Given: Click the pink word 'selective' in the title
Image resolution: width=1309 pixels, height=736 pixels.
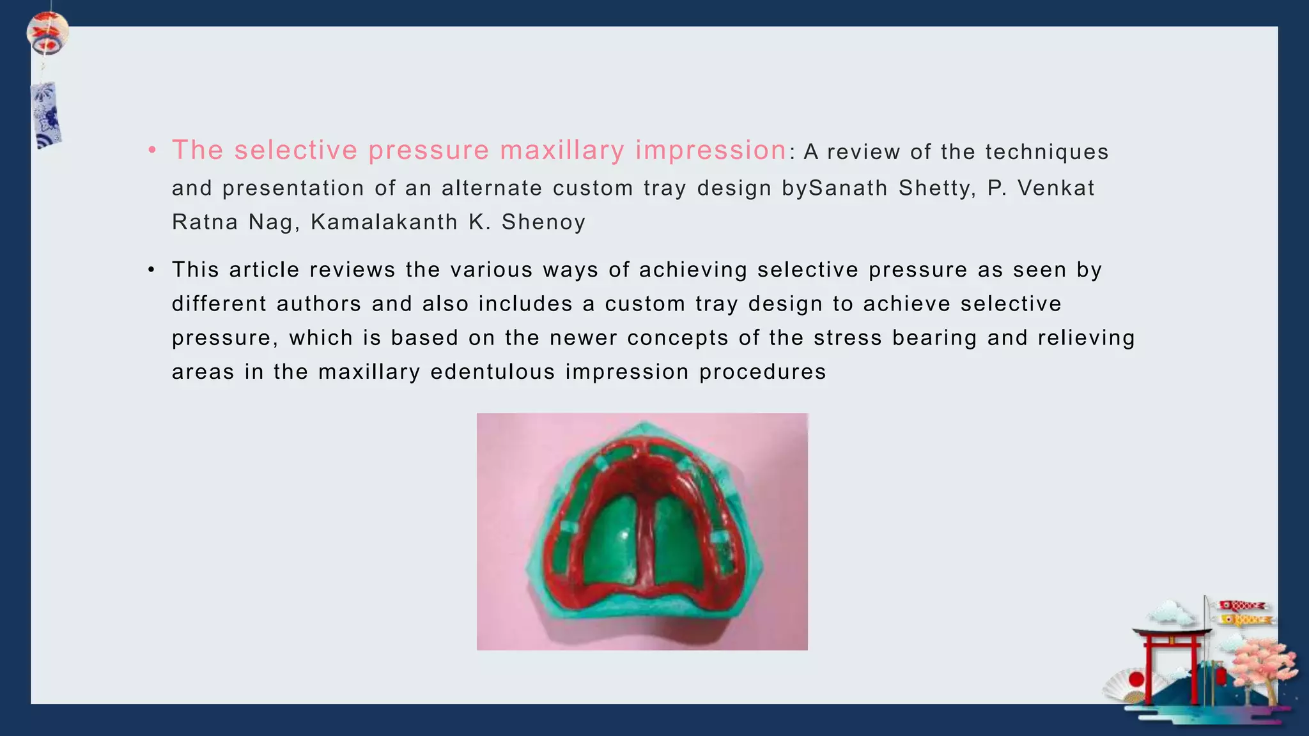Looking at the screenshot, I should [x=295, y=151].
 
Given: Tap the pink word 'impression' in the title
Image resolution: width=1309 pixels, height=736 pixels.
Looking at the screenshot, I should [x=711, y=151].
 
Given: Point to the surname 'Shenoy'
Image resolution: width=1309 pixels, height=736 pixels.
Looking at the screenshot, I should [x=543, y=222].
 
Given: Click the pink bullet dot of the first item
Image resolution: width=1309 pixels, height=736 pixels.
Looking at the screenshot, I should [x=151, y=151].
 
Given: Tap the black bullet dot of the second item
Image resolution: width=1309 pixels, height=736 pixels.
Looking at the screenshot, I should [x=151, y=270].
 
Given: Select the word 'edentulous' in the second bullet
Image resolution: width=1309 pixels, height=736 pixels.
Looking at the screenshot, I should [x=492, y=372].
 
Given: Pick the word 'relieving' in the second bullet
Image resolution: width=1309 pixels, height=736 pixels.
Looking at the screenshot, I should [x=1086, y=338].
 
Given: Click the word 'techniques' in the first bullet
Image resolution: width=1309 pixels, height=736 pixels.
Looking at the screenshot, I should [x=1047, y=152].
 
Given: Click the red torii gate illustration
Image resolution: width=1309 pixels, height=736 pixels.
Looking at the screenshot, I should [x=1170, y=664].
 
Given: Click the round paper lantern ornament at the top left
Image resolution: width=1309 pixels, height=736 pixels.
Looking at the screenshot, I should [x=47, y=33].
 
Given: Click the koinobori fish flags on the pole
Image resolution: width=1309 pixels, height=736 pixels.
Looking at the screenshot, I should [x=1243, y=612].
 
